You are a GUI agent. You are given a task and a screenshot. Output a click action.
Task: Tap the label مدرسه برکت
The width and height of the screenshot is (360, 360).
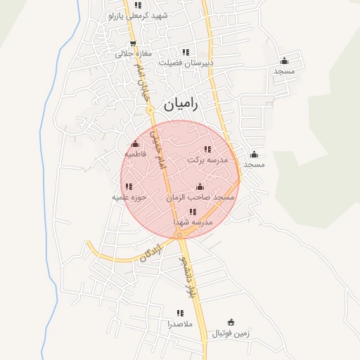click(208, 160)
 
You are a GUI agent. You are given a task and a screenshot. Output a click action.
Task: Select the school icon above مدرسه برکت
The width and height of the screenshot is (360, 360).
click(207, 149)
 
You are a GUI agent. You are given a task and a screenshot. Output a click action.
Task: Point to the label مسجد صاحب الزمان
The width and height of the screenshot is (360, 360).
click(200, 198)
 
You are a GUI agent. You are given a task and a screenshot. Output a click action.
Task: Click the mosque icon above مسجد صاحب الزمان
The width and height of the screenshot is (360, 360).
click(200, 187)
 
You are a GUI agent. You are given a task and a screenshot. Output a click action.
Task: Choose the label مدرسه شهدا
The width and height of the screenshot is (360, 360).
click(193, 222)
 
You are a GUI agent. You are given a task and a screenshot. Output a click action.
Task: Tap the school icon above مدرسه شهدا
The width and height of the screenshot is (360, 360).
click(193, 211)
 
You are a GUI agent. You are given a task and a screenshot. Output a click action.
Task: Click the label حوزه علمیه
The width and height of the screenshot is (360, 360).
click(129, 198)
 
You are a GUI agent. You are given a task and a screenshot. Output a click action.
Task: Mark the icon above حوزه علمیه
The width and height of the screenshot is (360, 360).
click(128, 186)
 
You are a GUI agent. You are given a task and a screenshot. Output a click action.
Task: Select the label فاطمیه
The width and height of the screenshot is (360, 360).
click(135, 153)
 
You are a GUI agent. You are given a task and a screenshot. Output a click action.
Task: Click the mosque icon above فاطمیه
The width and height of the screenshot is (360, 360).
click(135, 143)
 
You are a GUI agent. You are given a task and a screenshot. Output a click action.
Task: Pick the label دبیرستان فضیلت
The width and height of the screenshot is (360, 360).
click(186, 63)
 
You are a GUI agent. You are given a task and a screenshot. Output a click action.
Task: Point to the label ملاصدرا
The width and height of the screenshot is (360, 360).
click(179, 325)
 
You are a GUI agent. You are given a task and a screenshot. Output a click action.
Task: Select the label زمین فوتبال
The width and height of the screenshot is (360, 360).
click(232, 334)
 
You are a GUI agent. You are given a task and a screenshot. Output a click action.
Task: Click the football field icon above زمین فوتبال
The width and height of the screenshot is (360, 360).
click(232, 323)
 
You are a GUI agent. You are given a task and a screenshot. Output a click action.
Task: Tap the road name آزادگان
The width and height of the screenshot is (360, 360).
click(150, 253)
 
